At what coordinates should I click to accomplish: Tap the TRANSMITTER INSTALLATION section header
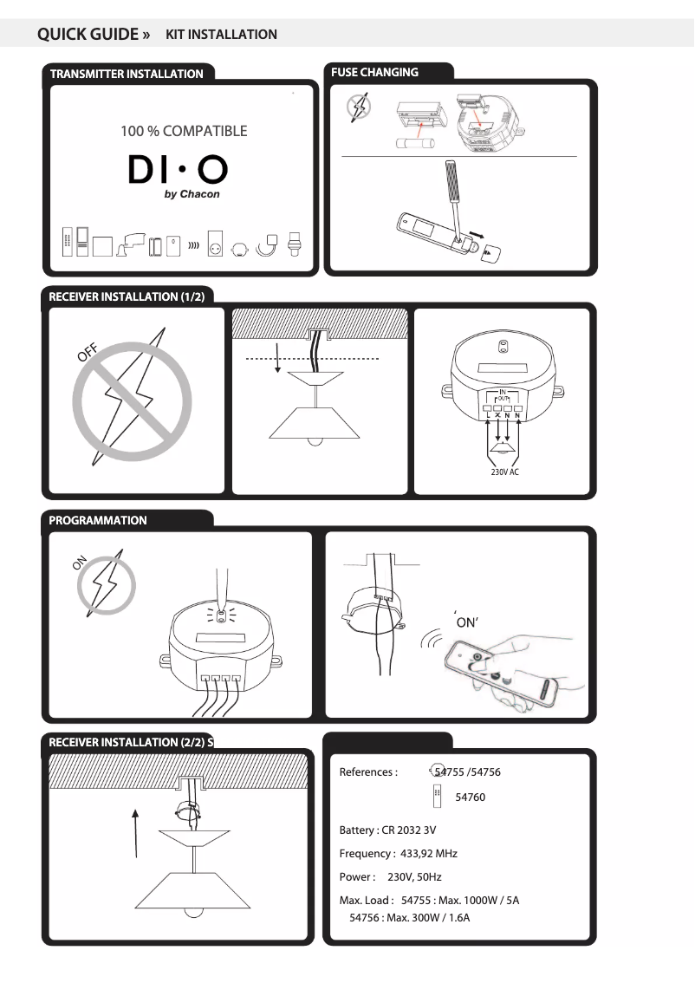point(127,74)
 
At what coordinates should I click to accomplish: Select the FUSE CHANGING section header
point(374,72)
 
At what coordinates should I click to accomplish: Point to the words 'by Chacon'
point(192,194)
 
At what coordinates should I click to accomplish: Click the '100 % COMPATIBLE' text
point(184,131)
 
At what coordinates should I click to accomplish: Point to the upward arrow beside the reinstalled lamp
point(136,832)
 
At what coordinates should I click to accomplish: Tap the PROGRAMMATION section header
point(98,520)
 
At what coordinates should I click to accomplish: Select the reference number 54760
point(470,797)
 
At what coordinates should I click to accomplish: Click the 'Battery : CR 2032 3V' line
point(387,830)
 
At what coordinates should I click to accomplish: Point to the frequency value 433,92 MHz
point(428,853)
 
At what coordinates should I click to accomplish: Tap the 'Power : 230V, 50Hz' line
point(390,877)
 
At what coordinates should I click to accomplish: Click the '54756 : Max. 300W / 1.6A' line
point(409,917)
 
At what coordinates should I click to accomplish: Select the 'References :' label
point(368,771)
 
